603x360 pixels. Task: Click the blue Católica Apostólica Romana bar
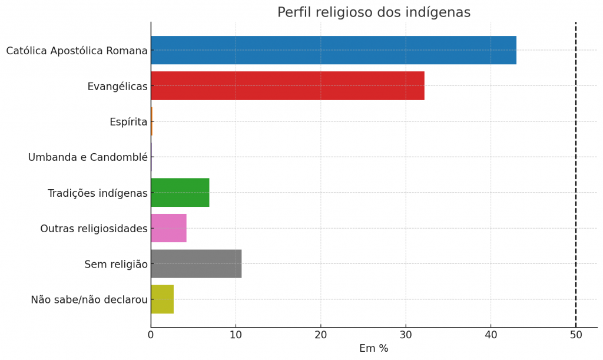(x=333, y=50)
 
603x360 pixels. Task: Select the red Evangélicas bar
(x=287, y=86)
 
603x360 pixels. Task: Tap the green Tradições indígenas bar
(x=180, y=193)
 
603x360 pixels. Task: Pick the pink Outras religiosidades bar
(x=168, y=228)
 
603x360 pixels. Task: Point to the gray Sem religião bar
(x=196, y=263)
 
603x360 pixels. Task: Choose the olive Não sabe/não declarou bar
(x=162, y=299)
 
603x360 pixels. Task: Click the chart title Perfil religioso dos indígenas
(x=374, y=12)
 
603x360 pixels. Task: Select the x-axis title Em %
(x=374, y=348)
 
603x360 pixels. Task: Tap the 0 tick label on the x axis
(x=151, y=335)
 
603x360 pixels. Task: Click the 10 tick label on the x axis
(x=236, y=335)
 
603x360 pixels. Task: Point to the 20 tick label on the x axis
(x=321, y=335)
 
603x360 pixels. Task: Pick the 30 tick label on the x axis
(x=406, y=335)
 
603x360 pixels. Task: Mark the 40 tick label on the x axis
(x=491, y=335)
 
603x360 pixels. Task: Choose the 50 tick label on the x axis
(x=576, y=335)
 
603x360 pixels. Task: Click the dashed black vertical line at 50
(x=576, y=177)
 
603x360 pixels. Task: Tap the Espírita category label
(x=128, y=122)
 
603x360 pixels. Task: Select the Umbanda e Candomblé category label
(x=88, y=157)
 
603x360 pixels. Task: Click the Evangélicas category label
(x=117, y=87)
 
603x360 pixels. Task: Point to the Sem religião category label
(x=116, y=264)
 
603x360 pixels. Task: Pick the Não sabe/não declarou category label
(x=89, y=299)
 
